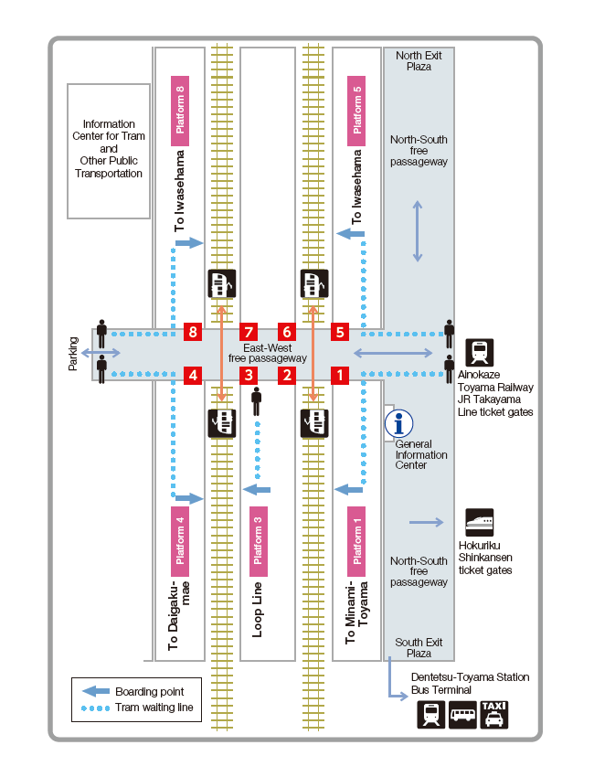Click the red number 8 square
tap(193, 332)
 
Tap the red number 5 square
tap(340, 332)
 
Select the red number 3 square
tap(249, 375)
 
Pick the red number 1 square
tap(340, 375)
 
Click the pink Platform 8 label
tap(180, 111)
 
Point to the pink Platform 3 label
tap(258, 541)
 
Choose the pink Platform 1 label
tap(356, 541)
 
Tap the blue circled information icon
tap(398, 423)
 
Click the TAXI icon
tap(494, 715)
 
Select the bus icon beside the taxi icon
tap(462, 715)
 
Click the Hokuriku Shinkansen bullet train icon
tap(480, 522)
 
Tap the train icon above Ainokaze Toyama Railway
tap(480, 352)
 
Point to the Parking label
tap(73, 354)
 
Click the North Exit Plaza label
tap(419, 61)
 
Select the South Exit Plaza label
tap(419, 648)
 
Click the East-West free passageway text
tap(268, 353)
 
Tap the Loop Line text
tap(257, 610)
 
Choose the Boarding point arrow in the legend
tap(96, 691)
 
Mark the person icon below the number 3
tap(256, 401)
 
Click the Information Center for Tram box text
tap(109, 149)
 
